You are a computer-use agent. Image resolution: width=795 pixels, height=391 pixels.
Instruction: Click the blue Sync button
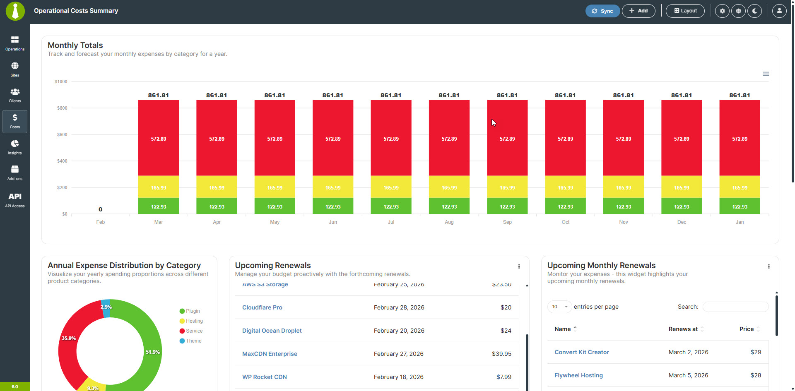[x=602, y=11]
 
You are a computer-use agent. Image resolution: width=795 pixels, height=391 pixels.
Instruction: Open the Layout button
[x=685, y=11]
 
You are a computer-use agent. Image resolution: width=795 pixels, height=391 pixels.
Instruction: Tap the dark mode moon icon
[x=754, y=11]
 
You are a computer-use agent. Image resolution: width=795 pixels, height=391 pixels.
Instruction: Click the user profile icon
[x=779, y=11]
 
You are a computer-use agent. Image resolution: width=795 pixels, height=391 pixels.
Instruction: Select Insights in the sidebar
[x=15, y=147]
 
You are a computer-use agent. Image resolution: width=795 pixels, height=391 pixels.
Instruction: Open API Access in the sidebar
[x=15, y=199]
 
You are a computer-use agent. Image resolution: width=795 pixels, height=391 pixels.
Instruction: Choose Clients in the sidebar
[x=15, y=95]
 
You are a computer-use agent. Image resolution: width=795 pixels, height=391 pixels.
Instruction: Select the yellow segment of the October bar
[x=565, y=187]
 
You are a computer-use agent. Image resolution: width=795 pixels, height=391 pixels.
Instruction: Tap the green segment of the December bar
[x=682, y=206]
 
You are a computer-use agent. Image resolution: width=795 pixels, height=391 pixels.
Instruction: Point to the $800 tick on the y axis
[x=62, y=108]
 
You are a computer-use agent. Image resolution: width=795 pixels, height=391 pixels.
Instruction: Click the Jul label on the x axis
[x=391, y=222]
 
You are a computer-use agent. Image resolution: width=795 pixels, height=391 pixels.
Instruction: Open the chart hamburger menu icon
[x=766, y=74]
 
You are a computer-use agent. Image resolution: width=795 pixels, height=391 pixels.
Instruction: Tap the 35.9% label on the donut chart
[x=69, y=338]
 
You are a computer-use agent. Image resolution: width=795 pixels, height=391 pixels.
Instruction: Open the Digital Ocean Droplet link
[x=272, y=331]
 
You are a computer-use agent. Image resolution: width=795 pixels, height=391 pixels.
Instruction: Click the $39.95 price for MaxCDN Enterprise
[x=501, y=354]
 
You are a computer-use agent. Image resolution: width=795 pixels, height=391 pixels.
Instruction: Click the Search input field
[x=735, y=307]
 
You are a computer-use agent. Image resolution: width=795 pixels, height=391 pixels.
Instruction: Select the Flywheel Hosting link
[x=578, y=375]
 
